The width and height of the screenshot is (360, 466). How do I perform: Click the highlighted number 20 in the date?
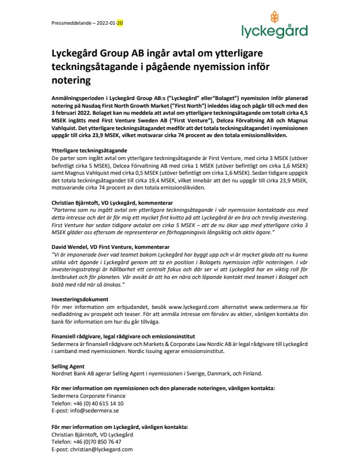pos(120,23)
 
